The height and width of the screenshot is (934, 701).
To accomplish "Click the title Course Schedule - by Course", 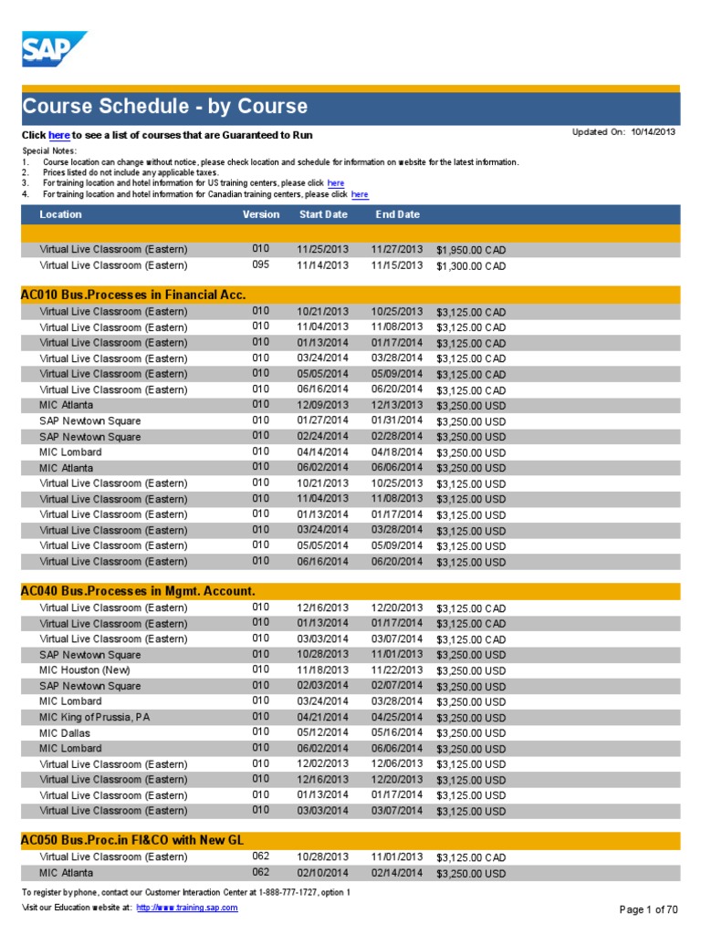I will pyautogui.click(x=165, y=107).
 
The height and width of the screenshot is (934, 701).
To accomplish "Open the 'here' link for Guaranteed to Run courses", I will pyautogui.click(x=59, y=135).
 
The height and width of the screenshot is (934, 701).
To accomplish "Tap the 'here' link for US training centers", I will pyautogui.click(x=336, y=183).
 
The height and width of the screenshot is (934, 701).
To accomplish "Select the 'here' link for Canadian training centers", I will pyautogui.click(x=360, y=194).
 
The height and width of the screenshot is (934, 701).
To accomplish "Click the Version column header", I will pyautogui.click(x=261, y=214).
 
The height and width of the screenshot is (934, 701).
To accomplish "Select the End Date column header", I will pyautogui.click(x=397, y=214).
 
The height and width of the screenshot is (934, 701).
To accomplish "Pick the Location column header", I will pyautogui.click(x=60, y=214).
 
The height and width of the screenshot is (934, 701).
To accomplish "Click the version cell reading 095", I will pyautogui.click(x=261, y=265).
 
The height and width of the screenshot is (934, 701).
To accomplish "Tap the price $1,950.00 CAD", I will pyautogui.click(x=471, y=250).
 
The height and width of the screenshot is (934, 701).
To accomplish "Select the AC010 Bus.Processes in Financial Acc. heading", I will pyautogui.click(x=133, y=294).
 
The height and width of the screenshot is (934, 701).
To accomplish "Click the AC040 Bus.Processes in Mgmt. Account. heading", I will pyautogui.click(x=137, y=591).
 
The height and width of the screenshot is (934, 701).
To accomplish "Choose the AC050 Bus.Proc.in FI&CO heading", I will pyautogui.click(x=132, y=840).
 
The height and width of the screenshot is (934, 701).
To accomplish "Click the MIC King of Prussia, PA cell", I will pyautogui.click(x=95, y=717).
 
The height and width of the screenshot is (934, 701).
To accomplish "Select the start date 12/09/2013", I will pyautogui.click(x=322, y=404).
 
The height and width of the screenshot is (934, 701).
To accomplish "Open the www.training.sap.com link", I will pyautogui.click(x=187, y=908).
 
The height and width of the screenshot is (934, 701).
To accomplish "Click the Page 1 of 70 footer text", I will pyautogui.click(x=649, y=909).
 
